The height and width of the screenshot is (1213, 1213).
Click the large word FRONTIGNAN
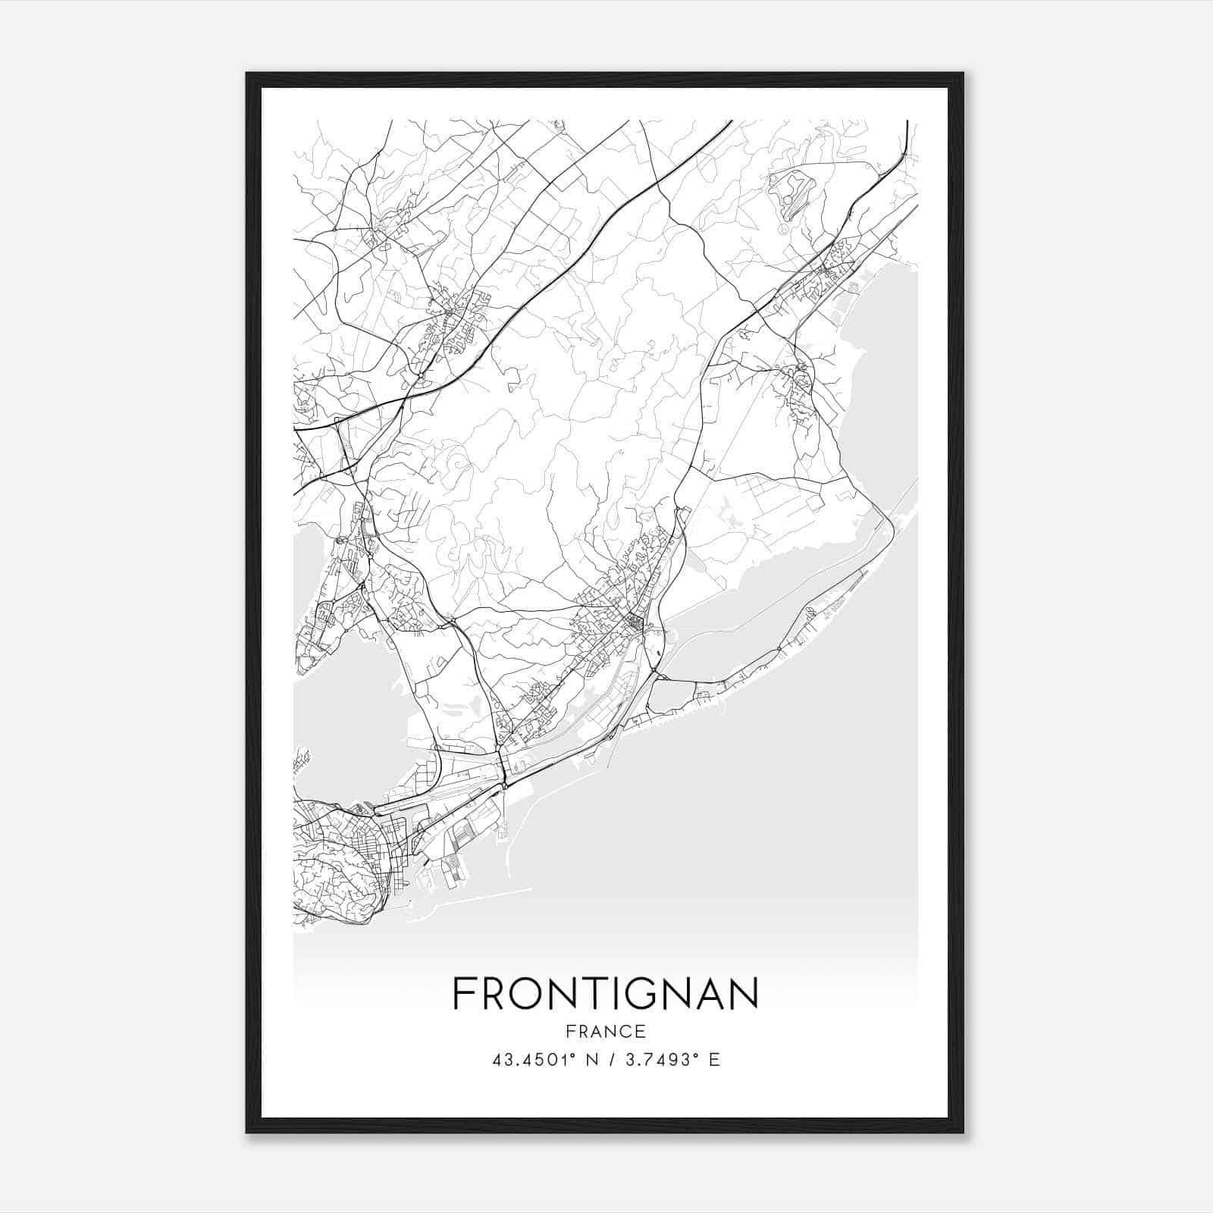click(605, 993)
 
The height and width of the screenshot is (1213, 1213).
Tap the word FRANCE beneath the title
click(605, 1031)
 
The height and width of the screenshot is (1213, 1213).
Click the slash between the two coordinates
click(611, 1059)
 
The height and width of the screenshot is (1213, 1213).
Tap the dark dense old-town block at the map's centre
click(631, 623)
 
